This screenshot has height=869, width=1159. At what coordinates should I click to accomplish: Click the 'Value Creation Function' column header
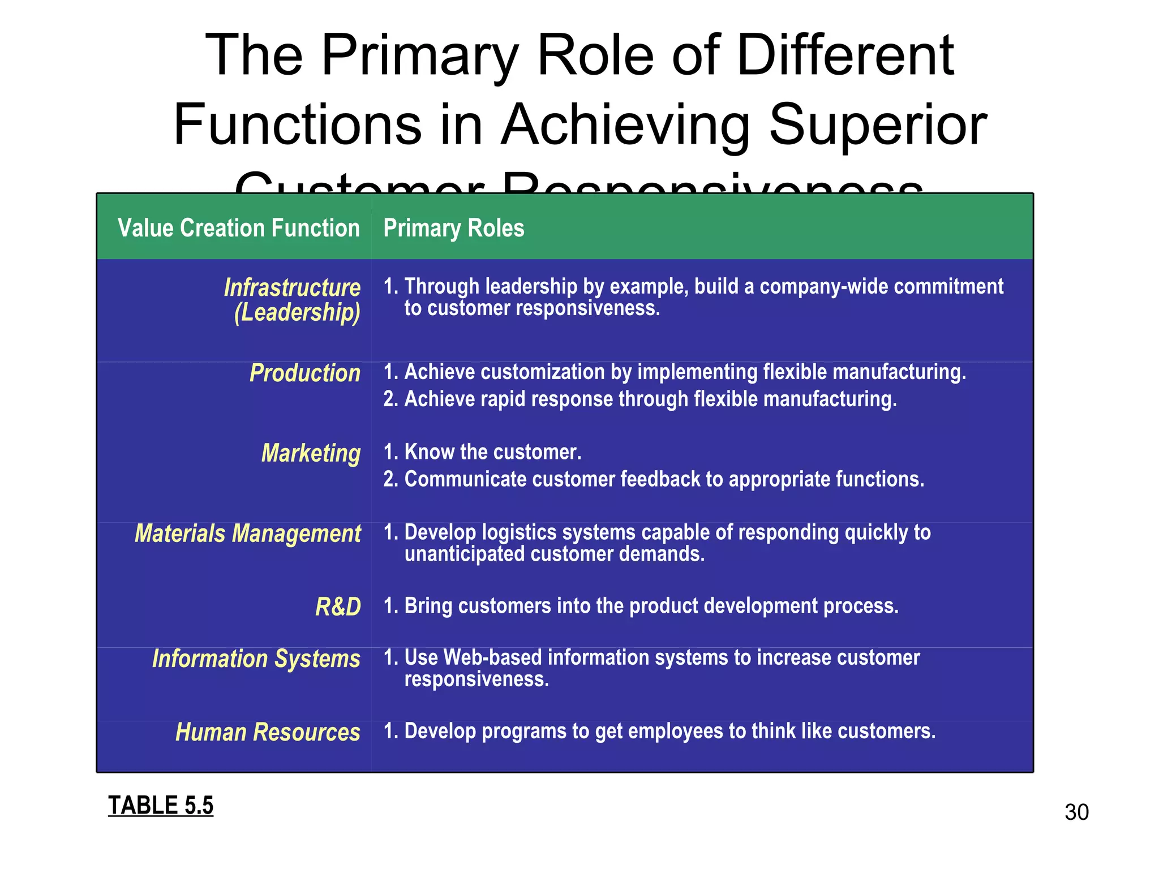click(238, 229)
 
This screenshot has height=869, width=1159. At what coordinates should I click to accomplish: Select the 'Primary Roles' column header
click(454, 229)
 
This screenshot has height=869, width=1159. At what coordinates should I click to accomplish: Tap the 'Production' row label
click(305, 373)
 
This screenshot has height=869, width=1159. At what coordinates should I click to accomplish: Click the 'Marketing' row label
click(311, 454)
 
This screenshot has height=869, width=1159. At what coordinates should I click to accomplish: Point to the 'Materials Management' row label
click(248, 534)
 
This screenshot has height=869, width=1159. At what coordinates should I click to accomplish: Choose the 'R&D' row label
click(338, 607)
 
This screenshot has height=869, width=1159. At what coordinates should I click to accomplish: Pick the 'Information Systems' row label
click(256, 659)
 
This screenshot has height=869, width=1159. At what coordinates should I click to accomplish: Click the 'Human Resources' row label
click(268, 732)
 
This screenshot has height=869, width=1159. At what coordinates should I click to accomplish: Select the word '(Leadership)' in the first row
click(297, 313)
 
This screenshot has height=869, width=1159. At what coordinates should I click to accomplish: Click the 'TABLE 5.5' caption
click(161, 806)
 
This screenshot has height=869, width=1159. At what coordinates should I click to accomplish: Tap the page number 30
click(1076, 812)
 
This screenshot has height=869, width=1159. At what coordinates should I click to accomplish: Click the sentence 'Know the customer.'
click(493, 452)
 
